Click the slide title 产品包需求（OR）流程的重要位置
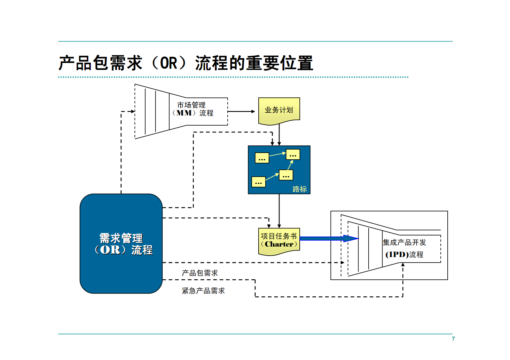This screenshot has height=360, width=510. pyautogui.click(x=186, y=63)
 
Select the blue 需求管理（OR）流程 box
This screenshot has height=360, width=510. pyautogui.click(x=121, y=243)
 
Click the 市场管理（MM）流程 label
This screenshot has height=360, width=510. pyautogui.click(x=193, y=109)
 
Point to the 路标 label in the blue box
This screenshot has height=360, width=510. pyautogui.click(x=299, y=189)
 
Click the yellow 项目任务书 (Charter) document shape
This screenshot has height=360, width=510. pyautogui.click(x=279, y=241)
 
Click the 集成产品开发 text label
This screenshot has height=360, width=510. pyautogui.click(x=404, y=242)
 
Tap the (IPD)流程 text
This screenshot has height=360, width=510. pyautogui.click(x=404, y=255)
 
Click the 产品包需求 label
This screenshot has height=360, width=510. pyautogui.click(x=200, y=273)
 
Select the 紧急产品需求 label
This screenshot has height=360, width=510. pyautogui.click(x=203, y=290)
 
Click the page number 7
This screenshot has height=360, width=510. pyautogui.click(x=453, y=338)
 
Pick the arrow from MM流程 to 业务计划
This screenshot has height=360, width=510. pyautogui.click(x=241, y=111)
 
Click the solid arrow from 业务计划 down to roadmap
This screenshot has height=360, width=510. pyautogui.click(x=279, y=135)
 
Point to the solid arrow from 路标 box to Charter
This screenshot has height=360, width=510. pyautogui.click(x=279, y=210)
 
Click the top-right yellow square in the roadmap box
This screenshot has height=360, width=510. pyautogui.click(x=293, y=154)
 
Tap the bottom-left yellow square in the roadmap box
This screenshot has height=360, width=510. pyautogui.click(x=258, y=182)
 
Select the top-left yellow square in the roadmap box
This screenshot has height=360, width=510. pyautogui.click(x=262, y=158)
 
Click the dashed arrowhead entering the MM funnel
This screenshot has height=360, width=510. pyautogui.click(x=132, y=111)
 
